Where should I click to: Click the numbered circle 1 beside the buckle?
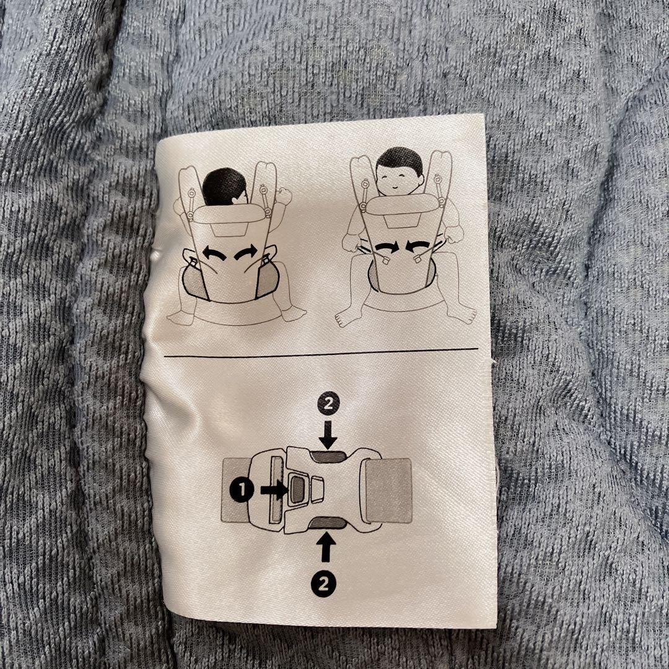242,489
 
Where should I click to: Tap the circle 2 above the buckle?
328,404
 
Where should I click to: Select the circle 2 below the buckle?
323,583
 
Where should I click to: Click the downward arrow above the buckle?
328,434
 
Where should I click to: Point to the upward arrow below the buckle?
326,547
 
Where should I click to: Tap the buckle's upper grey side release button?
328,457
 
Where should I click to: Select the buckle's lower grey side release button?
328,522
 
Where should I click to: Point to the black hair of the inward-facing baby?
224,186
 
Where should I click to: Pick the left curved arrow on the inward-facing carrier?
214,253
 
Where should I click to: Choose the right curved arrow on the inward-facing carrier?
246,252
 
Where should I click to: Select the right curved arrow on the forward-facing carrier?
418,247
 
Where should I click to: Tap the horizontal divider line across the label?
321,352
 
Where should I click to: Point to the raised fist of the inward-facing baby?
283,196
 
